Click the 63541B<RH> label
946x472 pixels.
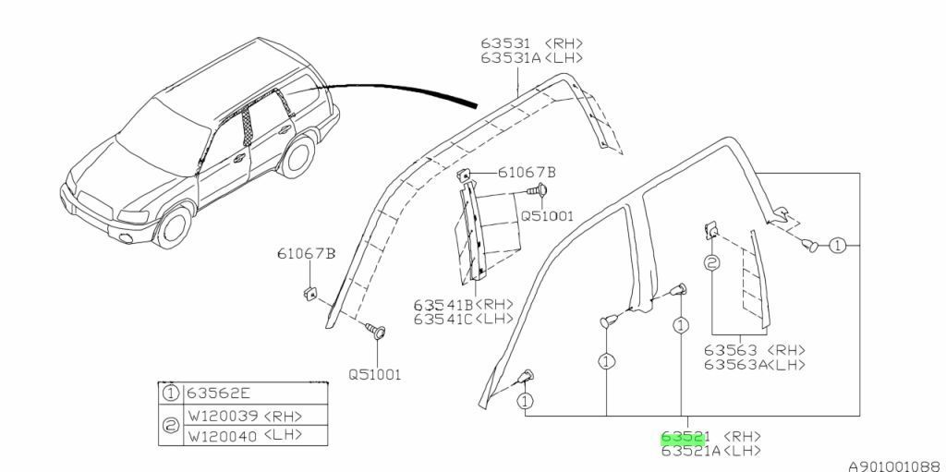462,305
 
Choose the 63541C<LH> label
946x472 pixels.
462,319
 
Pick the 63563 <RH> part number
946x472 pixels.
753,350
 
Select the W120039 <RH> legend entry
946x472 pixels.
244,414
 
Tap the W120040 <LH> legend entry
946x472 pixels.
244,434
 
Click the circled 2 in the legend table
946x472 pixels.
170,424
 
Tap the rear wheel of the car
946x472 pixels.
297,156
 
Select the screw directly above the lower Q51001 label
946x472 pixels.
377,330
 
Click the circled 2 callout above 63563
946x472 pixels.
711,263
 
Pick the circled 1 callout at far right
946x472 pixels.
837,246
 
